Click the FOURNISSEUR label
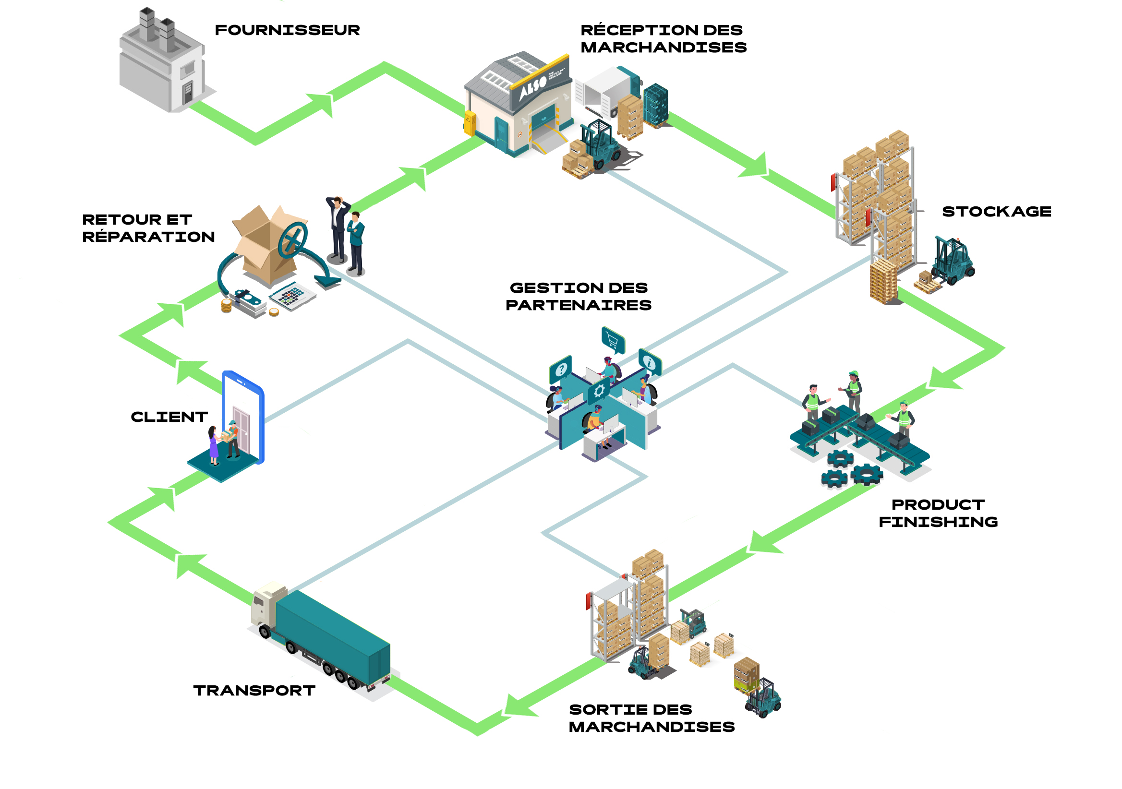coord(287,30)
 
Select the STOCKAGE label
coord(997,212)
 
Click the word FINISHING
coord(938,522)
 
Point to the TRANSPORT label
coord(254,691)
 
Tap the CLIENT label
coord(169,417)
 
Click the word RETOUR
coord(121,220)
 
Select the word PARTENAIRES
coord(579,305)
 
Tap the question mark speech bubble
coord(561,370)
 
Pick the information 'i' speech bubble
coord(650,362)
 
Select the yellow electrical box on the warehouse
coord(470,123)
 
